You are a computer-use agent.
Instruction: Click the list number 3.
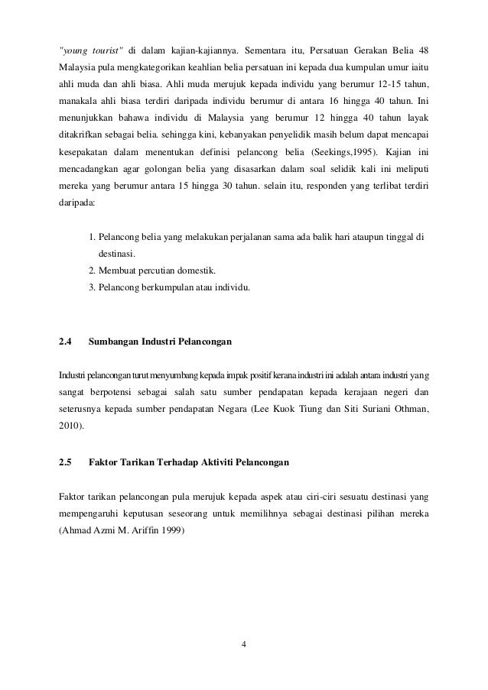pyautogui.click(x=92, y=288)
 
